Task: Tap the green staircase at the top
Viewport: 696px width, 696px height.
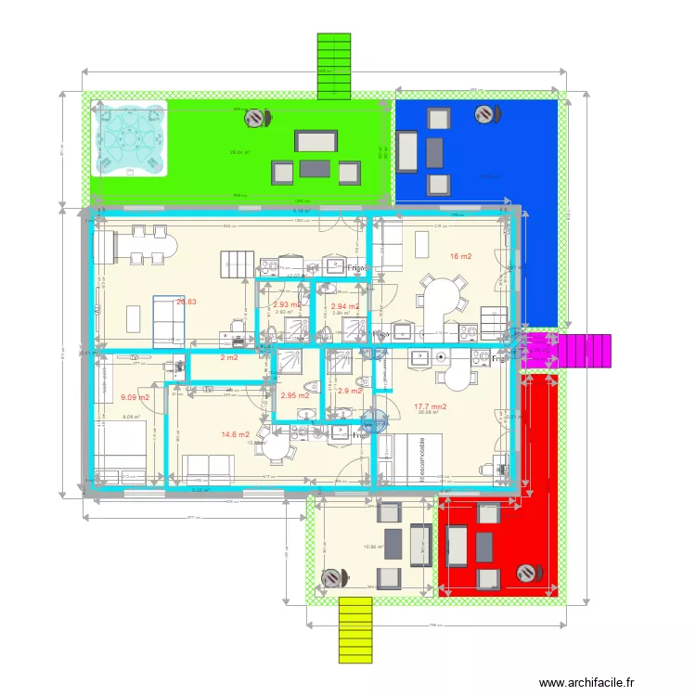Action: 333,65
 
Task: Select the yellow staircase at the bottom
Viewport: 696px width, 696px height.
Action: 354,630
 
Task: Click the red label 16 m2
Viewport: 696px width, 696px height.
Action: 461,256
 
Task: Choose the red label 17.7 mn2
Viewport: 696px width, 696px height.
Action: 431,406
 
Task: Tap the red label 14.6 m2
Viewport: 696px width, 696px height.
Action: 235,434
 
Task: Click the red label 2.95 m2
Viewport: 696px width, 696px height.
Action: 294,395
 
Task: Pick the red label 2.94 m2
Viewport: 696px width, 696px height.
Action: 345,305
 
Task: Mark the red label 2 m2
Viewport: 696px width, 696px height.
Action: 228,358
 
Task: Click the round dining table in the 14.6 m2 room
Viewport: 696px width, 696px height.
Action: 276,445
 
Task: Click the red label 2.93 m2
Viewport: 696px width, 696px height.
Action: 287,304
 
